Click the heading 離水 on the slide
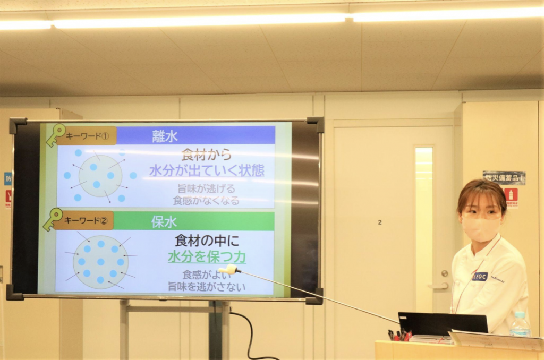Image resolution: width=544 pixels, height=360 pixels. click(164, 136)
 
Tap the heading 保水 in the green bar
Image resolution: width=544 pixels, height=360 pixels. click(164, 221)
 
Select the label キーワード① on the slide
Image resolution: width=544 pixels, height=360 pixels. click(86, 135)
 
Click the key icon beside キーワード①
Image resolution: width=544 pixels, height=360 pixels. click(55, 134)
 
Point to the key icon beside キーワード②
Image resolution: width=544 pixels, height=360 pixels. click(52, 219)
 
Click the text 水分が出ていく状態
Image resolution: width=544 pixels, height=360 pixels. click(207, 170)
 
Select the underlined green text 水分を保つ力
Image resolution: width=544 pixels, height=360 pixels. click(207, 257)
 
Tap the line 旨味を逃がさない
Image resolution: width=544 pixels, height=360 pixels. click(207, 287)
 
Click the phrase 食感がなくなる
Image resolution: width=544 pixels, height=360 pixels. click(206, 201)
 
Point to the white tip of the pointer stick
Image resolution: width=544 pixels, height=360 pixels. click(229, 269)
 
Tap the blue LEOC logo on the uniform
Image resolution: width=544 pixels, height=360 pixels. click(480, 276)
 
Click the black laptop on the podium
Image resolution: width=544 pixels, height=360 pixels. click(443, 323)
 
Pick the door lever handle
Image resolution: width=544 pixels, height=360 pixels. click(439, 285)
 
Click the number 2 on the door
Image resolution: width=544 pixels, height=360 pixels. click(379, 222)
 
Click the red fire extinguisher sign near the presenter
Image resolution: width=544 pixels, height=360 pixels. click(511, 195)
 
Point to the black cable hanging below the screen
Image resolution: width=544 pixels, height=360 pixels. click(250, 335)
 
